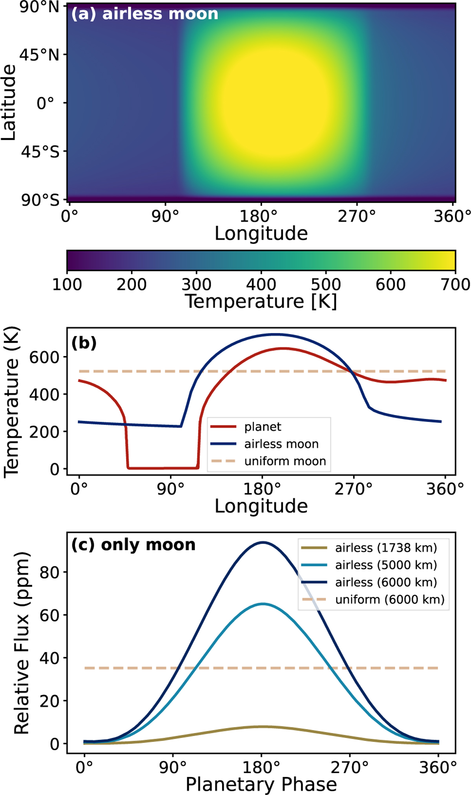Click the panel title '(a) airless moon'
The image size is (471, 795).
[x=144, y=14]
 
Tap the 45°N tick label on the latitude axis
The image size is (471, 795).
[x=40, y=55]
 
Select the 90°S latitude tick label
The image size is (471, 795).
[x=40, y=200]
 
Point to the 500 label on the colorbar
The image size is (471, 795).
[x=326, y=284]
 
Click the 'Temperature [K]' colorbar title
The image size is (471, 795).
[x=261, y=302]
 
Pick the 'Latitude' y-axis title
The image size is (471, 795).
[x=9, y=103]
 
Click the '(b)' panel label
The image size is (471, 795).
[x=84, y=343]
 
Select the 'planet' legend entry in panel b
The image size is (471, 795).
[x=263, y=427]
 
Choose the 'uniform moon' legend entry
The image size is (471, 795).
[x=285, y=461]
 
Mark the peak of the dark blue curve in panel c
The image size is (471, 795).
[x=262, y=542]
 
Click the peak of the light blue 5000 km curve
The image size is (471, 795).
[x=263, y=604]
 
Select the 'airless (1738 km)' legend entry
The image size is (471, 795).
[x=386, y=548]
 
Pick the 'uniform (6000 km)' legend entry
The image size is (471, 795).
[x=390, y=599]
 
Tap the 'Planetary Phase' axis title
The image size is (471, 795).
[x=261, y=784]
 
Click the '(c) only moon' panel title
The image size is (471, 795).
[x=133, y=545]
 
